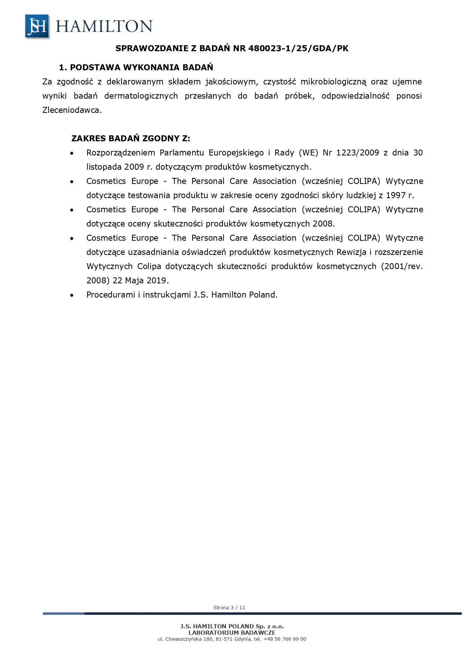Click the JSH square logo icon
pos(37,26)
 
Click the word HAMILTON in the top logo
pos(104,26)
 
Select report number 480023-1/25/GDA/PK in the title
pos(298,48)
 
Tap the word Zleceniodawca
pos(72,110)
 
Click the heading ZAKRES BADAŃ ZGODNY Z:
pos(130,139)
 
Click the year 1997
pos(396,195)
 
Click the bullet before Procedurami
pos(72,295)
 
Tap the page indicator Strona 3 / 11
pos(229,607)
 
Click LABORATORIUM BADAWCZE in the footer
pos(232,632)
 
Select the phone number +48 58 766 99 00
pos(285,639)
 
